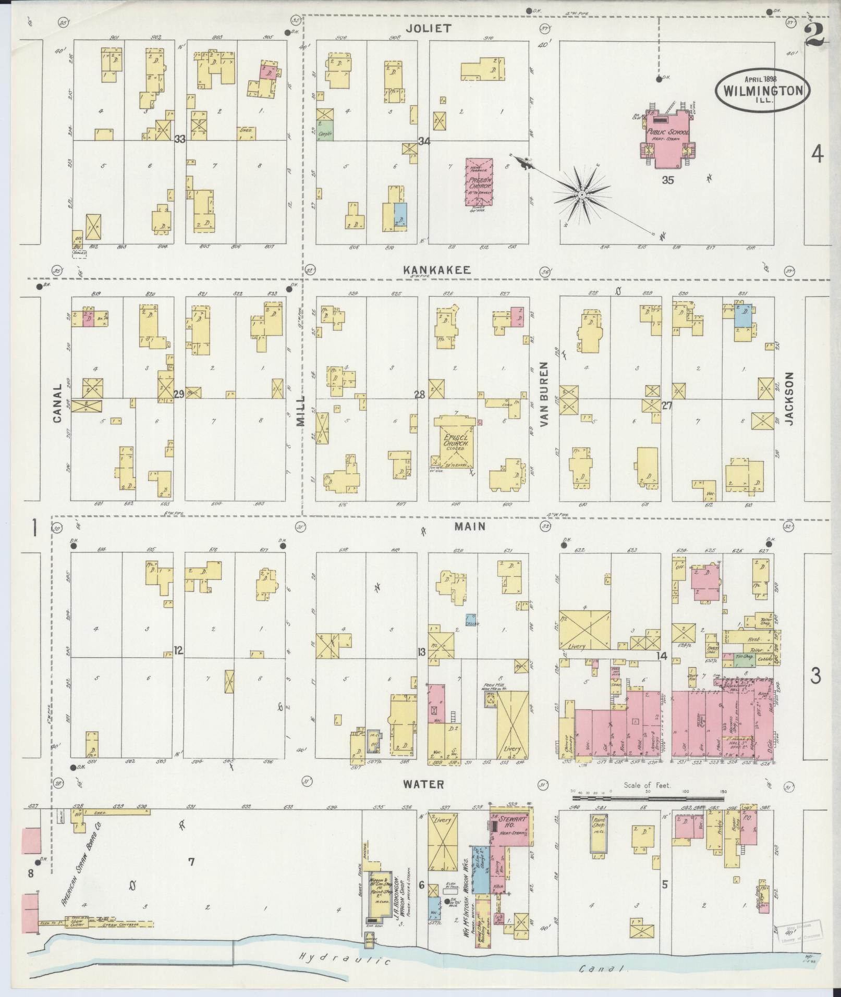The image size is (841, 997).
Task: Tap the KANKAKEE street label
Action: click(x=437, y=270)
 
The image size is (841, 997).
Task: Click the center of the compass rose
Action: click(x=581, y=195)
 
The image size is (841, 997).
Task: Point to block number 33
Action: click(x=180, y=139)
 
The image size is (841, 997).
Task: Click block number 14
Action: click(x=662, y=656)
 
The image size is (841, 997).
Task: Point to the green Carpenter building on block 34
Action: click(x=325, y=134)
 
